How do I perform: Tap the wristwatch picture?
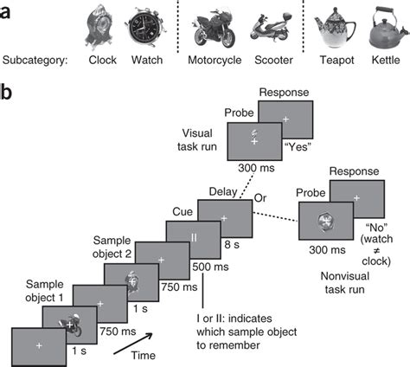tap(144, 32)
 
